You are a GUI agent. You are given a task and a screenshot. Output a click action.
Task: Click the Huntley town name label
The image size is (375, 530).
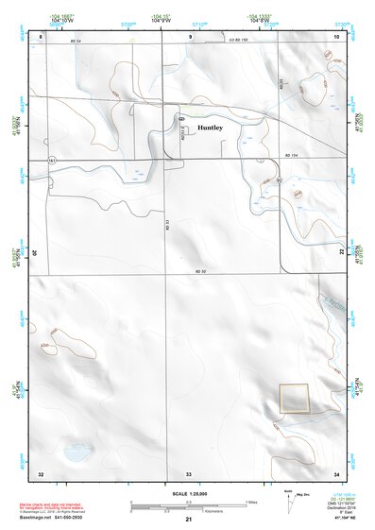210,128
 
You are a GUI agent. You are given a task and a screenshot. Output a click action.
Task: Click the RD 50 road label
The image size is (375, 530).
199,272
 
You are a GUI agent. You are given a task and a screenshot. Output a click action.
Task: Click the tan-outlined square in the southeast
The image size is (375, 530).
294,398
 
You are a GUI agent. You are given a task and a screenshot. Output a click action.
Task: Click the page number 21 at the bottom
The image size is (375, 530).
188,521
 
